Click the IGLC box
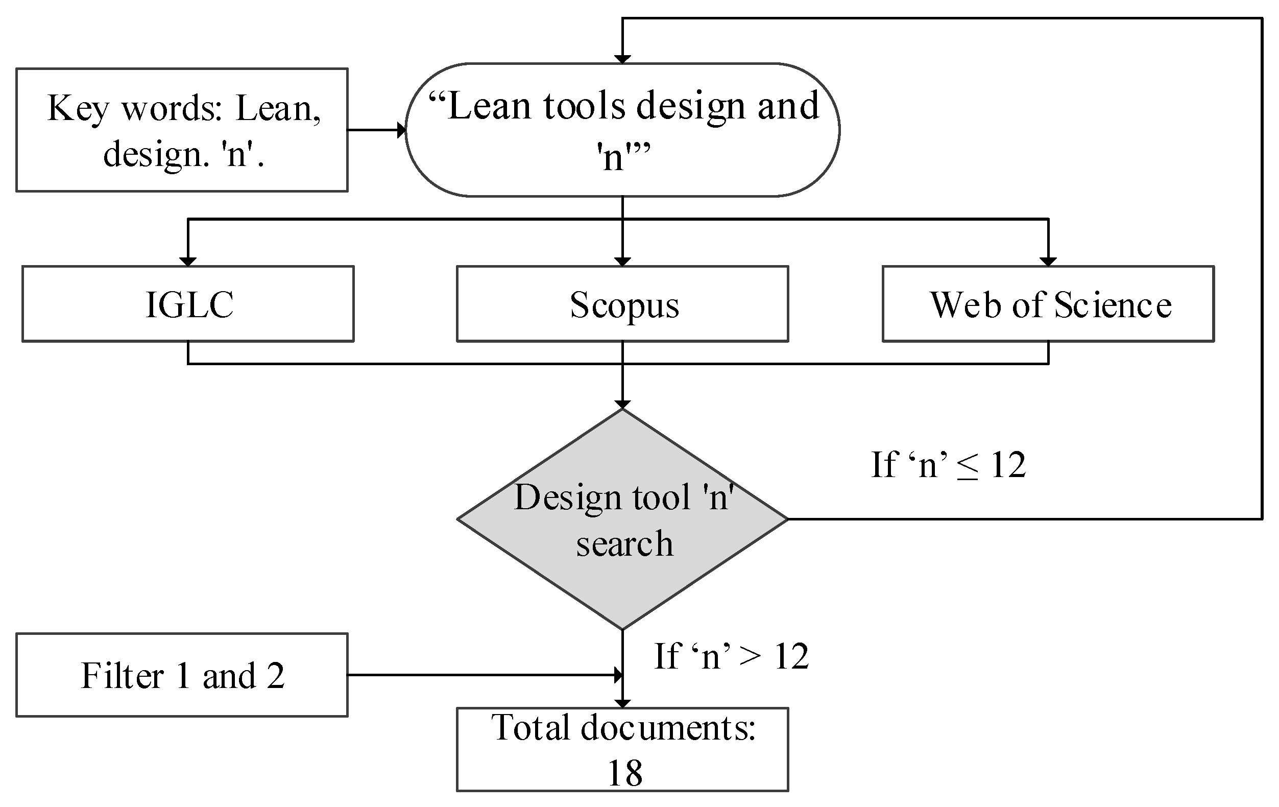click(x=188, y=304)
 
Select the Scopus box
click(x=622, y=304)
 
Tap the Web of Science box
click(x=1048, y=304)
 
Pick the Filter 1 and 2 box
click(x=182, y=675)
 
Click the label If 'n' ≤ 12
click(x=948, y=465)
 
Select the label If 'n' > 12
click(x=731, y=657)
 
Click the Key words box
click(x=182, y=130)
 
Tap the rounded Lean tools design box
click(x=622, y=130)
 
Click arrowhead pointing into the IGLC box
click(x=188, y=262)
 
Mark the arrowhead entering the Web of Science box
click(x=1048, y=262)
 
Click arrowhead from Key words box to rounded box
click(x=401, y=130)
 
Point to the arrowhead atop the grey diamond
click(x=622, y=405)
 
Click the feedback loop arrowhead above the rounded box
click(x=622, y=59)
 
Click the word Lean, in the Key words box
click(x=278, y=109)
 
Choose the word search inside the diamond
click(x=624, y=544)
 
